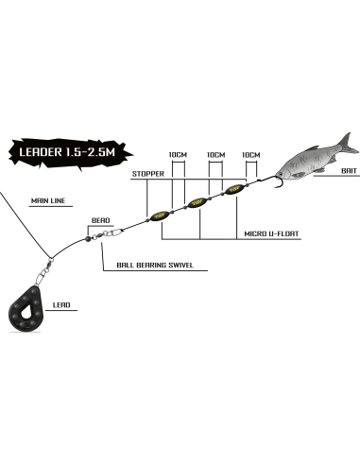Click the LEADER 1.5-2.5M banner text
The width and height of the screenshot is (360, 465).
point(67,152)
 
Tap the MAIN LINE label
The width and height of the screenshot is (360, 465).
point(48,200)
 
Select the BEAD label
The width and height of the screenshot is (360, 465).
point(101,220)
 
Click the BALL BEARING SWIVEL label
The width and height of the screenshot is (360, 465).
point(155,266)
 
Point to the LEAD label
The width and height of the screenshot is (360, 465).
point(61,305)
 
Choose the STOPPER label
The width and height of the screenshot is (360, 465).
point(148,174)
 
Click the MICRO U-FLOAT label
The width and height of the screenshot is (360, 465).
point(271,233)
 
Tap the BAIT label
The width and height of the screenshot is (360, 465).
point(349,171)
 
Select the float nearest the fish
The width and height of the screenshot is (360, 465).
point(233,189)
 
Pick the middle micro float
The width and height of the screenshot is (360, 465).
point(197,203)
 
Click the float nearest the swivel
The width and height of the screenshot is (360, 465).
point(159,216)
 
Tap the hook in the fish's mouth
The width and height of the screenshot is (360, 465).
point(276,181)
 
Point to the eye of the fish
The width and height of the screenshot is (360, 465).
point(280,174)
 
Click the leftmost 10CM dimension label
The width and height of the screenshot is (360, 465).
point(178,155)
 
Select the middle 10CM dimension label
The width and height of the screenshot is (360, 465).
point(216,155)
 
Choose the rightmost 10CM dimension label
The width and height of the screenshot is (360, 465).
point(251,155)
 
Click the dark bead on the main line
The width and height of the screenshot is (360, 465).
point(87,239)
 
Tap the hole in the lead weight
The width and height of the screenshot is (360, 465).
point(26,312)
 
